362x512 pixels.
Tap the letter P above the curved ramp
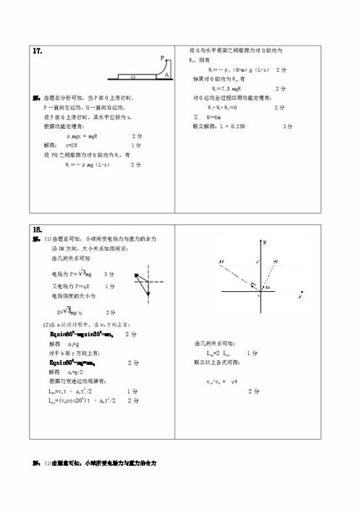click(x=163, y=57)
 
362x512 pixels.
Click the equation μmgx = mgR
click(x=86, y=135)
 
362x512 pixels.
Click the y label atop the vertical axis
click(x=266, y=239)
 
